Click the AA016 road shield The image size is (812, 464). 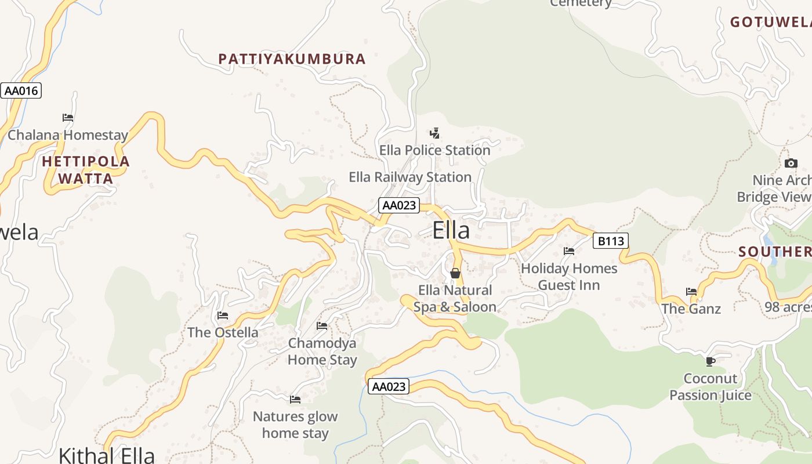21,90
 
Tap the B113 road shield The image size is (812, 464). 611,241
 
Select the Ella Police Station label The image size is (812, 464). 434,150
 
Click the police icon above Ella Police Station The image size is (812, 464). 434,133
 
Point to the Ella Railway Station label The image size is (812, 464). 409,177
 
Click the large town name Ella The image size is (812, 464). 451,230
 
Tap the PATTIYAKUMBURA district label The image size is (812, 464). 292,59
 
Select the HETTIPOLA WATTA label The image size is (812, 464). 86,169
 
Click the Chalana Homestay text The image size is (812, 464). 68,135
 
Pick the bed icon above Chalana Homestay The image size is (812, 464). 68,117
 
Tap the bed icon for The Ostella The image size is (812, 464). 223,316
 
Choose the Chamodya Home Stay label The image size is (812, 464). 322,351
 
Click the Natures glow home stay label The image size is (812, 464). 295,425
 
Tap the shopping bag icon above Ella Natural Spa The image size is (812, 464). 455,273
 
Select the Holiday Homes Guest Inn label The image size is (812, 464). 569,277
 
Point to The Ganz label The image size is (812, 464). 691,309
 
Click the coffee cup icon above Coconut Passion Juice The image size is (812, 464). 710,361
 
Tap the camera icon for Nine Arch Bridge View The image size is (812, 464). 791,164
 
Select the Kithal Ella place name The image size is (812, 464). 107,455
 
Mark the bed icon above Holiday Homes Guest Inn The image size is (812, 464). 569,251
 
